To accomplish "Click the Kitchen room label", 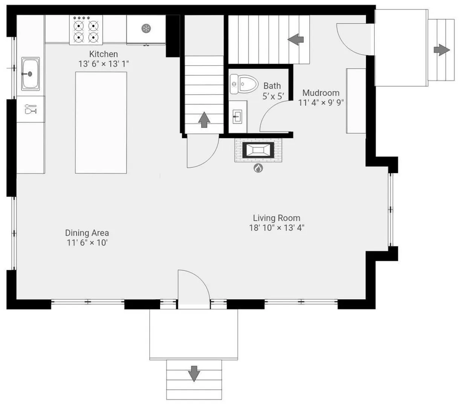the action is pyautogui.click(x=103, y=54).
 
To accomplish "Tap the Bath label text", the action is pyautogui.click(x=272, y=86).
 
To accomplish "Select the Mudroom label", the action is pyautogui.click(x=321, y=93).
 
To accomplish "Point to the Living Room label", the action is pyautogui.click(x=276, y=218).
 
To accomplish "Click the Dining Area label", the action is pyautogui.click(x=87, y=233).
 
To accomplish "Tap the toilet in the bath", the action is pyautogui.click(x=244, y=84).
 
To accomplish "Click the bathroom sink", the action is pyautogui.click(x=237, y=116).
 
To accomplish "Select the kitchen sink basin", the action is pyautogui.click(x=31, y=74).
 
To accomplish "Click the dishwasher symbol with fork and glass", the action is pyautogui.click(x=31, y=109).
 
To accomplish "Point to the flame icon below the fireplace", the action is pyautogui.click(x=258, y=168).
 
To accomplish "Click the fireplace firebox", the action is pyautogui.click(x=258, y=150).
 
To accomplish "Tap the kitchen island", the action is pyautogui.click(x=101, y=122).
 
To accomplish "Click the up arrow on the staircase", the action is pyautogui.click(x=204, y=120).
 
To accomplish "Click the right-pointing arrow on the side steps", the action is pyautogui.click(x=442, y=50).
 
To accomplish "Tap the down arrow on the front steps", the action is pyautogui.click(x=194, y=373).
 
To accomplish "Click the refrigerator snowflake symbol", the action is pyautogui.click(x=146, y=29).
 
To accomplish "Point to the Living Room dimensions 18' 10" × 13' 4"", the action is pyautogui.click(x=277, y=228).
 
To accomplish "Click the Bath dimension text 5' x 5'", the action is pyautogui.click(x=273, y=96).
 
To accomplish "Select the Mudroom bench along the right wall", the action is pyautogui.click(x=356, y=101).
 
